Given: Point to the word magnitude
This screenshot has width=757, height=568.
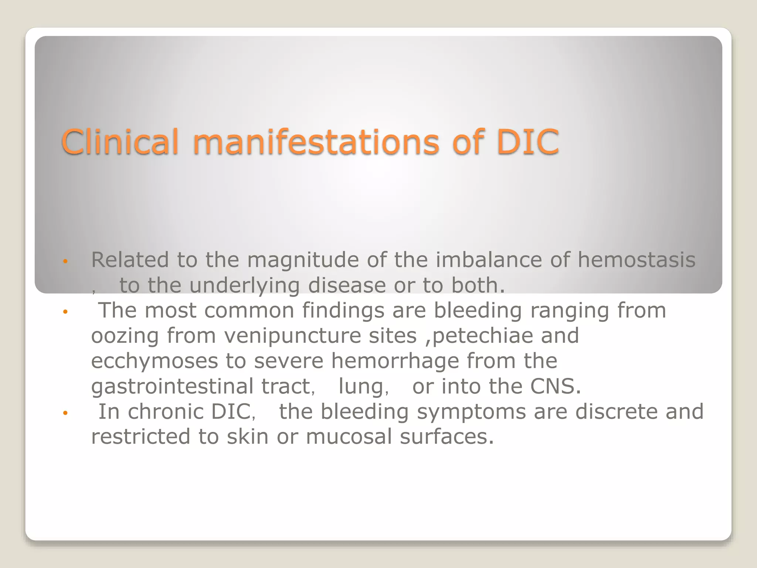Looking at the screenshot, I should click(303, 260).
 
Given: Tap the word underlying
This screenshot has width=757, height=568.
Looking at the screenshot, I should click(244, 286).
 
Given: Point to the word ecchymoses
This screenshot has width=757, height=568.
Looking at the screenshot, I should click(155, 361).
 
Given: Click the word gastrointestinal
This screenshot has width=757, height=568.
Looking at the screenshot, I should click(172, 387).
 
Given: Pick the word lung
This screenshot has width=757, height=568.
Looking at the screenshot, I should click(361, 387).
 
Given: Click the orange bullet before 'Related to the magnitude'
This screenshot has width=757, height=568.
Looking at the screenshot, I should click(65, 261).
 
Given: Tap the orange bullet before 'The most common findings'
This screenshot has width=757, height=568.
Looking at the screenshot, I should click(65, 312).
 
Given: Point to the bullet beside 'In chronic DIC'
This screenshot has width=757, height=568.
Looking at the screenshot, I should click(65, 413).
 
